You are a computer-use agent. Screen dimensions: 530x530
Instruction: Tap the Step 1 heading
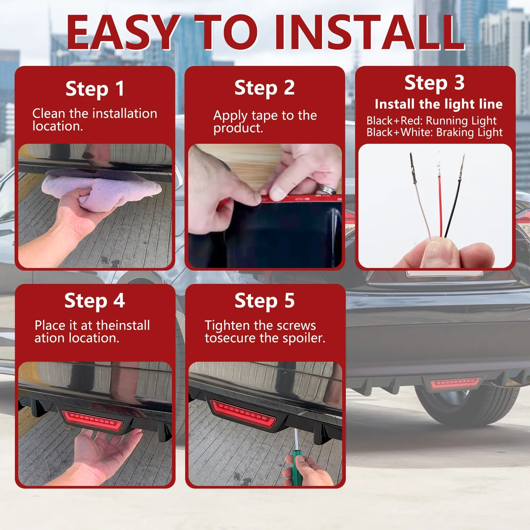pyautogui.click(x=95, y=89)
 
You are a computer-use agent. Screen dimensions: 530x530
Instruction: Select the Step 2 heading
pyautogui.click(x=265, y=88)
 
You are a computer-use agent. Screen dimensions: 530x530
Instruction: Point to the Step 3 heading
pyautogui.click(x=435, y=83)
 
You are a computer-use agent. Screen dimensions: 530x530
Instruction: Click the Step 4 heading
pyautogui.click(x=95, y=301)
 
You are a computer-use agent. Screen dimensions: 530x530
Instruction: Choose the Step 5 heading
pyautogui.click(x=265, y=301)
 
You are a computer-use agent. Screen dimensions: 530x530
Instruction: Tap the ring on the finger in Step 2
pyautogui.click(x=326, y=189)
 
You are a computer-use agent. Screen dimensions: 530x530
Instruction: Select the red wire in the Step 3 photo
pyautogui.click(x=440, y=199)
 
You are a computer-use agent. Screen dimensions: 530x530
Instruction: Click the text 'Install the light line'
pyautogui.click(x=439, y=104)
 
